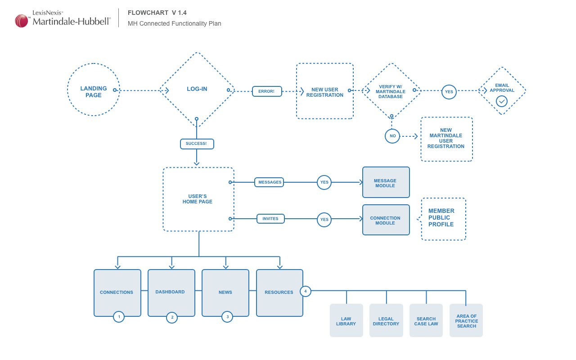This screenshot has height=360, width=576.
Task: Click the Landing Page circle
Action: pyautogui.click(x=94, y=90)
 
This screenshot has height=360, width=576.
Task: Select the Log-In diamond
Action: pyautogui.click(x=197, y=89)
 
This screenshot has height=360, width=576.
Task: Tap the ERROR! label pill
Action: pyautogui.click(x=267, y=91)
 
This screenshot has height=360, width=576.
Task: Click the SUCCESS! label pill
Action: pyautogui.click(x=197, y=144)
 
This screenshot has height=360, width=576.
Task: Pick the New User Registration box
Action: pyautogui.click(x=325, y=91)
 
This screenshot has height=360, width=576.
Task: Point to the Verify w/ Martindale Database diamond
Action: pyautogui.click(x=391, y=91)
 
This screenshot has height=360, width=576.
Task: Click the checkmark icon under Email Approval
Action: pyautogui.click(x=502, y=101)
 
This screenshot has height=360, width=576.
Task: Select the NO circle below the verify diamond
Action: pyautogui.click(x=392, y=136)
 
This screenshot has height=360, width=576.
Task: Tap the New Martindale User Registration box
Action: pyautogui.click(x=446, y=139)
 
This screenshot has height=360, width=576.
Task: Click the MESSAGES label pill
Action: pyautogui.click(x=269, y=182)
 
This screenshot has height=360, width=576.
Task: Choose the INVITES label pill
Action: pyautogui.click(x=270, y=219)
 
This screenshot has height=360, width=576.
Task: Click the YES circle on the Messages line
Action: pyautogui.click(x=324, y=182)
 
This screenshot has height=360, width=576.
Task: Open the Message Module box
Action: pyautogui.click(x=386, y=182)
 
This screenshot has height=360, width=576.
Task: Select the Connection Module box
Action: pyautogui.click(x=386, y=220)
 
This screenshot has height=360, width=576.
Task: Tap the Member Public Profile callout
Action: pyautogui.click(x=443, y=219)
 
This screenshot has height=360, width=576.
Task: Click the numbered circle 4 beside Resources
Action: pyautogui.click(x=306, y=292)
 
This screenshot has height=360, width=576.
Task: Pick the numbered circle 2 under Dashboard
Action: pyautogui.click(x=171, y=318)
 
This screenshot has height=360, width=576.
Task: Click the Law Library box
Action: pyautogui.click(x=346, y=320)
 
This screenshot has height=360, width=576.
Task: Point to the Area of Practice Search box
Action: pyautogui.click(x=466, y=320)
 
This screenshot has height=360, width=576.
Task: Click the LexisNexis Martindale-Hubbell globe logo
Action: pyautogui.click(x=22, y=21)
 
